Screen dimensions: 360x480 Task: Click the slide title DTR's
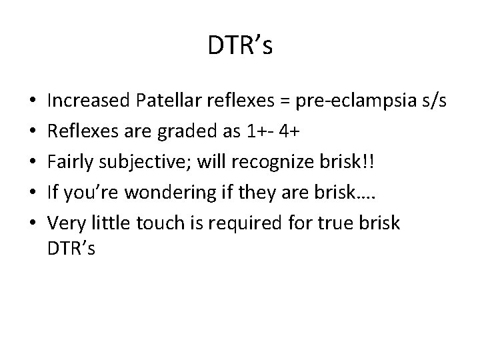click(239, 46)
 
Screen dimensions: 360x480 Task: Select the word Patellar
click(163, 101)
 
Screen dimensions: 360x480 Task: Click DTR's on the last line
click(72, 249)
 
